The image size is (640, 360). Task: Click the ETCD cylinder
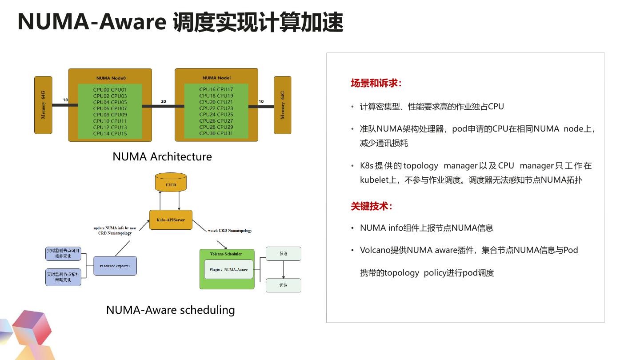coord(171,183)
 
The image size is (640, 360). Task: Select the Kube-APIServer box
coord(171,220)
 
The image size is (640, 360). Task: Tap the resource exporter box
coord(115,266)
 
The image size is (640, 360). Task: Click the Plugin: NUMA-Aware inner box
coord(228,269)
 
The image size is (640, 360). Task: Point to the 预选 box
coord(283,254)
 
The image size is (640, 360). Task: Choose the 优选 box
coord(283,285)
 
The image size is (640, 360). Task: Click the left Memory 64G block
coord(43,105)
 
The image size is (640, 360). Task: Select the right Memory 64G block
coord(282,105)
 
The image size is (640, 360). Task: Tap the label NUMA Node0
coord(111,78)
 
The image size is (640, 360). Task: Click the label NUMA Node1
coord(217,78)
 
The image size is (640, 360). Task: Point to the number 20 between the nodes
coord(164,101)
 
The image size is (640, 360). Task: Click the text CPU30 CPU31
coord(216,133)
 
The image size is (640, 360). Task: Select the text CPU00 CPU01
coord(110,90)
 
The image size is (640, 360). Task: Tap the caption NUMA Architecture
coord(162,156)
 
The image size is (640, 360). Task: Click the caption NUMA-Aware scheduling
coord(170,310)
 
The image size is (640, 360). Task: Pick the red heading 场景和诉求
coord(376,83)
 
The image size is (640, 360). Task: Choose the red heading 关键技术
coord(372,206)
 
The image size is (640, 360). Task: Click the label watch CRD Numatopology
coord(230,231)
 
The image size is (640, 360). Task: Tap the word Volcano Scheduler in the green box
coord(226,254)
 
